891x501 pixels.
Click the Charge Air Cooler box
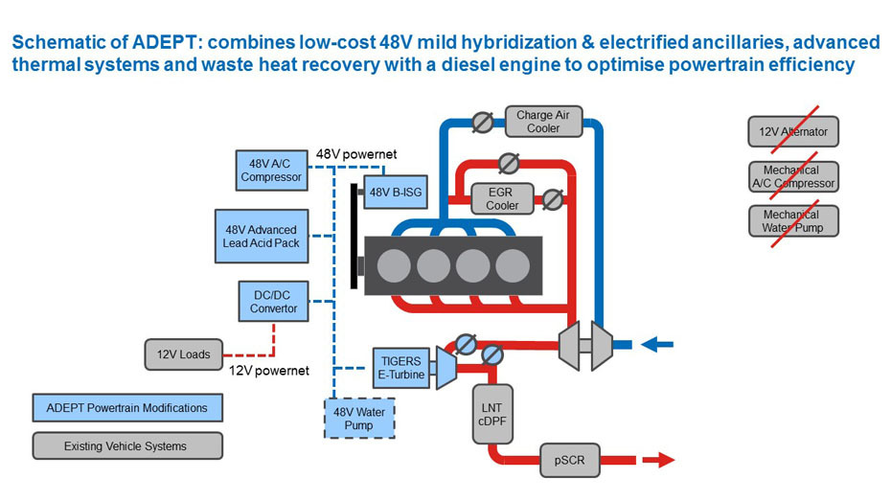tap(543, 122)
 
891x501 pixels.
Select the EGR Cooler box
tap(502, 198)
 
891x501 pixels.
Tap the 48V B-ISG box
tap(394, 192)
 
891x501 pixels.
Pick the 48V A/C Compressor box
tap(271, 170)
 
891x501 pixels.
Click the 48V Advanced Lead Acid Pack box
tap(262, 236)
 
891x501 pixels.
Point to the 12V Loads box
tap(183, 354)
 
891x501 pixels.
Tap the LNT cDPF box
tap(493, 413)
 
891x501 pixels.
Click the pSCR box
tap(574, 461)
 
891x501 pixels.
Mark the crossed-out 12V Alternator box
tap(793, 131)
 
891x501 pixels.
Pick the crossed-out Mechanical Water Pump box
tap(793, 221)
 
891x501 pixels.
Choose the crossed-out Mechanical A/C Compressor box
tap(793, 176)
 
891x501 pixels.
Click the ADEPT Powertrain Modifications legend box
tap(126, 408)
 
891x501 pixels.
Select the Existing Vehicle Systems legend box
tap(126, 445)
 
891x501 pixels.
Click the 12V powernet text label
tap(269, 371)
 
